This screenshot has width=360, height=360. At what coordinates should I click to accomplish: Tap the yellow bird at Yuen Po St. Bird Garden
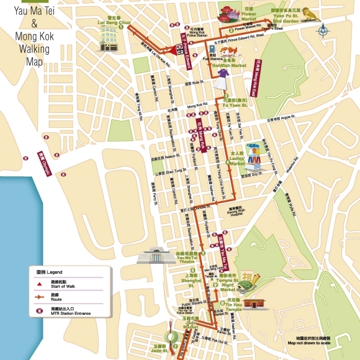pos(313,14)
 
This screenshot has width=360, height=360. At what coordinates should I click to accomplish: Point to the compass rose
pos(322,29)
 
